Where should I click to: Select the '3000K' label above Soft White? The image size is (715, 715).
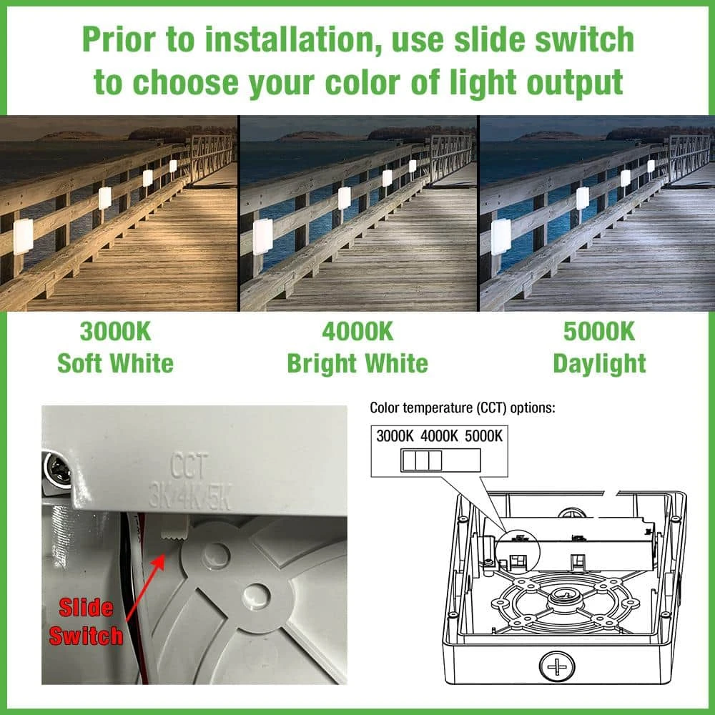click(x=115, y=332)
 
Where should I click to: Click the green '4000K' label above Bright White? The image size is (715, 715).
click(x=357, y=332)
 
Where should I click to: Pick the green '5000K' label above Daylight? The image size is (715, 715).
click(x=599, y=332)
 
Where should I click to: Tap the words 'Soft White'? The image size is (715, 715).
click(x=115, y=363)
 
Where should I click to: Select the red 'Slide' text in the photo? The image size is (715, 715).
click(x=86, y=608)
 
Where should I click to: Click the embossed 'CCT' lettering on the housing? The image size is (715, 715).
click(x=189, y=465)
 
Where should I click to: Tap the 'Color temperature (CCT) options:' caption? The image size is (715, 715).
click(x=463, y=408)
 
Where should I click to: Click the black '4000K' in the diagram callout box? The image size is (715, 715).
click(x=439, y=436)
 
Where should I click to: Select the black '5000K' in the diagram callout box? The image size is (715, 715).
click(x=483, y=436)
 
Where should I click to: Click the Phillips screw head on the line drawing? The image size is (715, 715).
click(x=556, y=668)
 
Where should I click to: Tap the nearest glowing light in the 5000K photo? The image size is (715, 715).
click(x=500, y=237)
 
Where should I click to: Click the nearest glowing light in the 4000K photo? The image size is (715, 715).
click(x=262, y=237)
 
